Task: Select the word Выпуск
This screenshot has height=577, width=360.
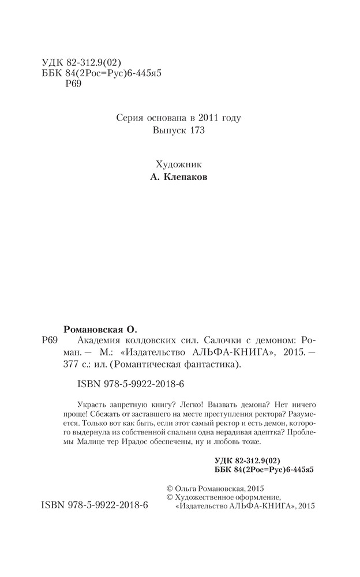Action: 168,132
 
